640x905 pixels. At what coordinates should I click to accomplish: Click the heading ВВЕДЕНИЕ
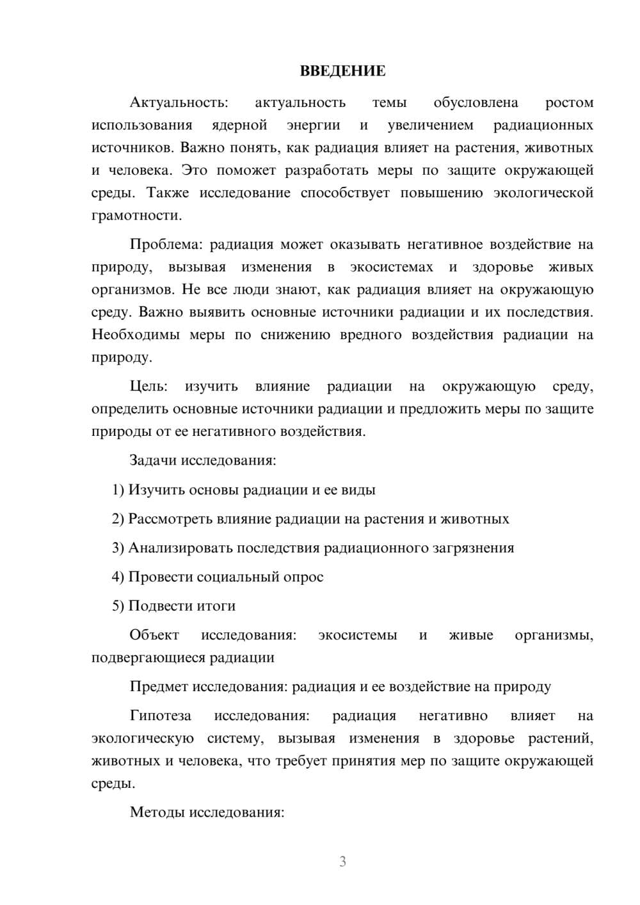(x=342, y=71)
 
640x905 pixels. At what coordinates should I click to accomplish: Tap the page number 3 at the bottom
(x=342, y=861)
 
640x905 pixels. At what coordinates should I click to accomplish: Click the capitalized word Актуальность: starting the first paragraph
(x=179, y=102)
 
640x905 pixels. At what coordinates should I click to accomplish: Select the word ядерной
(x=239, y=125)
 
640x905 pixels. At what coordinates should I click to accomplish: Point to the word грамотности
(x=136, y=215)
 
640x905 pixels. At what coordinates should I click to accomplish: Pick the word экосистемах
(x=391, y=267)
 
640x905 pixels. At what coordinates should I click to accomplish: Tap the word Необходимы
(x=134, y=335)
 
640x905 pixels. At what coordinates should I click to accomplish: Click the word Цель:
(x=148, y=386)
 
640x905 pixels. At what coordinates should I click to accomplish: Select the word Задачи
(x=153, y=460)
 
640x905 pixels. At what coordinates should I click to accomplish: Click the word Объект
(x=154, y=635)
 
